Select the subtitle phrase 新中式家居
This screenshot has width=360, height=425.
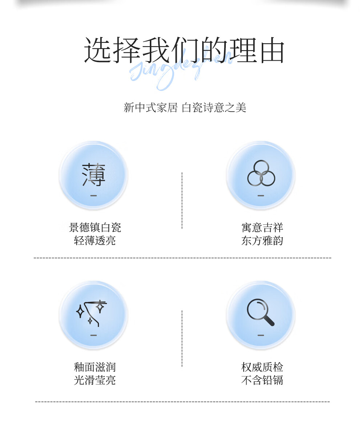150,108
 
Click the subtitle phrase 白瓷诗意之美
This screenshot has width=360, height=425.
214,108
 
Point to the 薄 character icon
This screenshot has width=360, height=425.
93,175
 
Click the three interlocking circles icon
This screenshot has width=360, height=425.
261,173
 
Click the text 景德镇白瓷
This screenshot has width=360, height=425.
95,228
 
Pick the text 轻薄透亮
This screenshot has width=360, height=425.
95,240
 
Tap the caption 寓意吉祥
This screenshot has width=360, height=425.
262,228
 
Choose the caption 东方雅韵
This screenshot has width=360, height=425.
262,240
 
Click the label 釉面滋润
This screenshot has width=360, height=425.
95,367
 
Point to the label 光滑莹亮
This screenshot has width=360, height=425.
95,380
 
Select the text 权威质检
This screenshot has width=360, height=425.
262,367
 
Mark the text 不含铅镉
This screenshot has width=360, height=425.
262,380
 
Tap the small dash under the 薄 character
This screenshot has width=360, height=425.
93,195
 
